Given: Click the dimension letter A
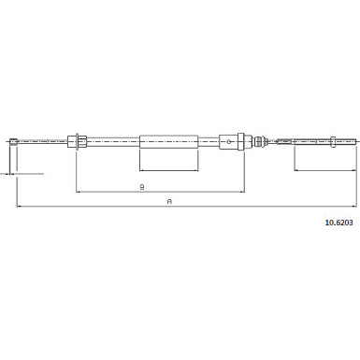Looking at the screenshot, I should tap(168, 199).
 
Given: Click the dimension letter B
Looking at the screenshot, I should tap(141, 186).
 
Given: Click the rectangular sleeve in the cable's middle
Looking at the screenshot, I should tap(169, 142).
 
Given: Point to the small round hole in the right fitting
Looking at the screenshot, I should tap(225, 142).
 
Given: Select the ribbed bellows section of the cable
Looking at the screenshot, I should tap(262, 142).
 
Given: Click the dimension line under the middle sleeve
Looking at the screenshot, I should tap(169, 170).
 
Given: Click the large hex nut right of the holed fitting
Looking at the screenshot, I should tap(241, 142).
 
